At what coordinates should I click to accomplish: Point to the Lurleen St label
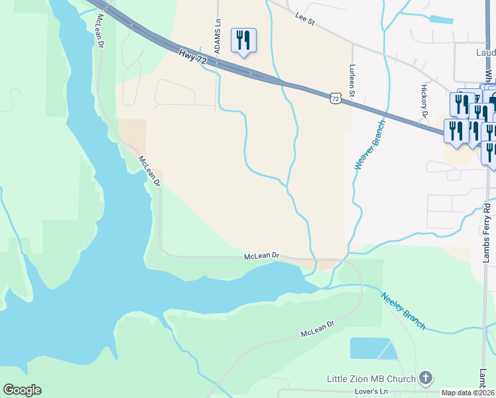(352, 81)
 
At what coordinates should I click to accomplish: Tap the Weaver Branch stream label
(369, 145)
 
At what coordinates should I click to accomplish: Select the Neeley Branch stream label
(403, 310)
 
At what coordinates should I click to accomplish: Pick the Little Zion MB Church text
(371, 379)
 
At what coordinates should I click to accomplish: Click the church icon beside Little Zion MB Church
(426, 378)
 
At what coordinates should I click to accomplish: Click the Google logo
(22, 390)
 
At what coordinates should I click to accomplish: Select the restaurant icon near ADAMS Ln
(243, 40)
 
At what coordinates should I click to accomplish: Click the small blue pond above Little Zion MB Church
(372, 348)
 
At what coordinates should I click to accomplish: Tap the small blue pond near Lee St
(441, 19)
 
